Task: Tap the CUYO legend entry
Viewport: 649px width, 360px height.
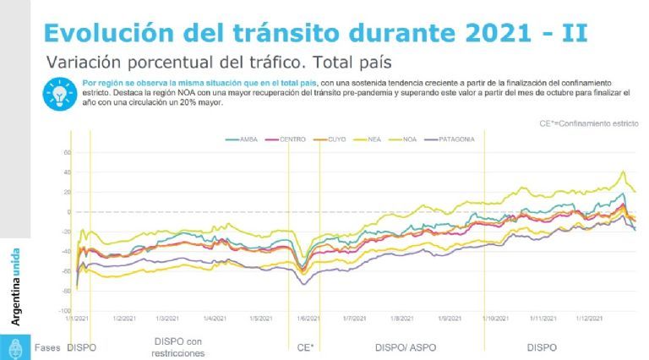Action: [337, 138]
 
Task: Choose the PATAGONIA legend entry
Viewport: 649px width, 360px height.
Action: [476, 138]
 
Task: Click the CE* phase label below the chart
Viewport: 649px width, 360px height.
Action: [306, 347]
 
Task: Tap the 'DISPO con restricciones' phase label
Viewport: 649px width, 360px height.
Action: [178, 347]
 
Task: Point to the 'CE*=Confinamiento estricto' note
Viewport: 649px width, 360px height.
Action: [589, 123]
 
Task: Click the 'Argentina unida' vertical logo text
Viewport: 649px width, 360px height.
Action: [15, 286]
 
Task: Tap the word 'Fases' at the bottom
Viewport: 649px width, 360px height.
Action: [47, 347]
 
